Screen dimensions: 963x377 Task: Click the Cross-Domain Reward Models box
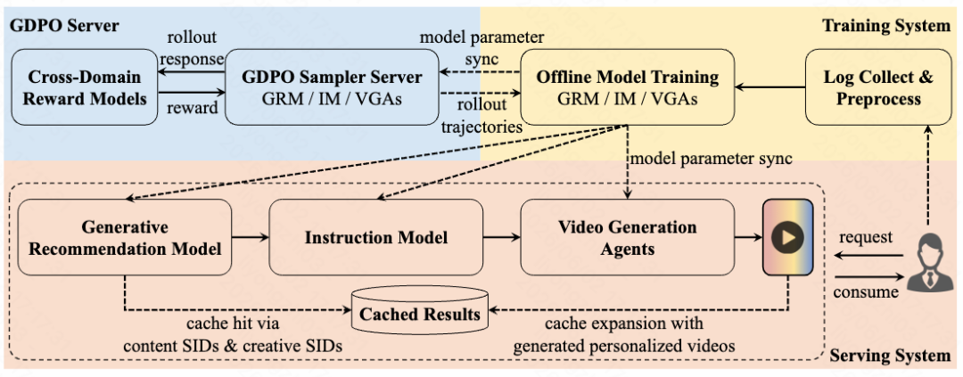coord(85,87)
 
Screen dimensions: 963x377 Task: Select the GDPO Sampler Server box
coord(332,87)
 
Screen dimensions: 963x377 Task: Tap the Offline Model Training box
coord(627,87)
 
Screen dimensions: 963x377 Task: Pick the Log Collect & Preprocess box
coord(877,87)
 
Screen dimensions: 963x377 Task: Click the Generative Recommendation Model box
coord(125,237)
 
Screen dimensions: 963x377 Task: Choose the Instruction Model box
coord(376,237)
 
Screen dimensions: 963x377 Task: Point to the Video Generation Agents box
coord(627,237)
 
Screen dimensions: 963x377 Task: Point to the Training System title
coord(886,25)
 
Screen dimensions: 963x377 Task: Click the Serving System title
coord(890,356)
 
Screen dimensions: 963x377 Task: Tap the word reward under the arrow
coord(193,108)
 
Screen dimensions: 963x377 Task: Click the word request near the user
coord(866,237)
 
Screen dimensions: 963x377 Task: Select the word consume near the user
coord(865,291)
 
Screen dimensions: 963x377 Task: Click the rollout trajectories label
coord(481,117)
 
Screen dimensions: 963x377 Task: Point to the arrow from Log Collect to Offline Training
coord(770,87)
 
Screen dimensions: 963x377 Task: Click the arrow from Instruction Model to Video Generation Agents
coord(502,236)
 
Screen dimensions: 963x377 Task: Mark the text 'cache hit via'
coord(233,324)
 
